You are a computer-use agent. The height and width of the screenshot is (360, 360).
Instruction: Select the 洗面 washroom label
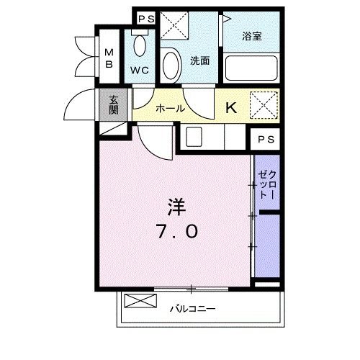(199, 60)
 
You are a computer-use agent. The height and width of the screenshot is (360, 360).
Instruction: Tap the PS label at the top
(145, 18)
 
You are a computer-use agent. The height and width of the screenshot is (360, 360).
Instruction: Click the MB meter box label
(109, 58)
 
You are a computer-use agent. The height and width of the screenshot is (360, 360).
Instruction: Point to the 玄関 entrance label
(114, 105)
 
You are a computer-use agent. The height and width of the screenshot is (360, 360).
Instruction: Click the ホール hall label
(170, 108)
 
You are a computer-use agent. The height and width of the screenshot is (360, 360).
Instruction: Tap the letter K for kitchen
(232, 108)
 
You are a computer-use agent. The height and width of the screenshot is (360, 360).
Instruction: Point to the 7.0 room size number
(177, 233)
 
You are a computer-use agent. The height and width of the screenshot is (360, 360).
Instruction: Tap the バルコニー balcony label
(193, 308)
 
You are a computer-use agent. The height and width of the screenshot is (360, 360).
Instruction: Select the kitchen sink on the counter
(193, 136)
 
